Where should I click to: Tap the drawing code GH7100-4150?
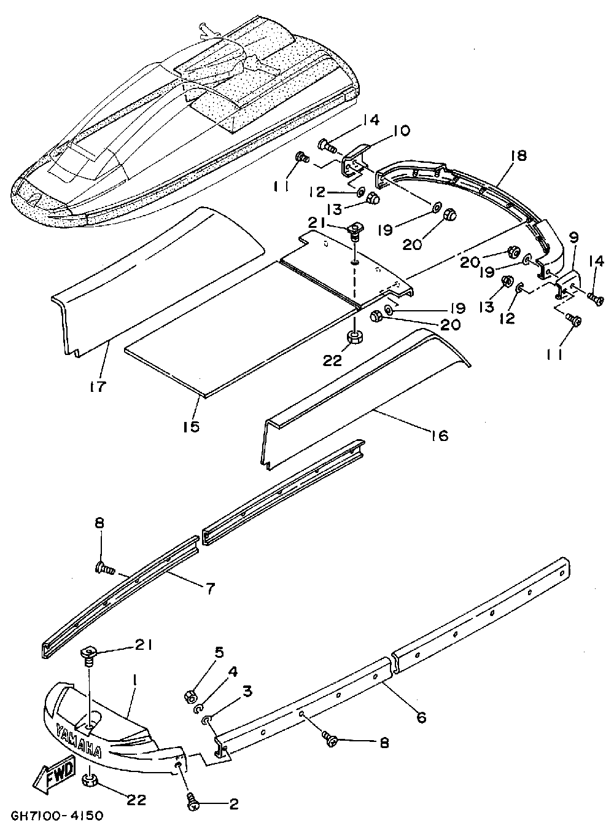(56, 816)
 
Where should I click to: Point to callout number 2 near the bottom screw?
(233, 804)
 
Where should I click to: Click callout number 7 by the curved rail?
(210, 588)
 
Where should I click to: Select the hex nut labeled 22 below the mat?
(355, 338)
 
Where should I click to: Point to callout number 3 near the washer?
(247, 692)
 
